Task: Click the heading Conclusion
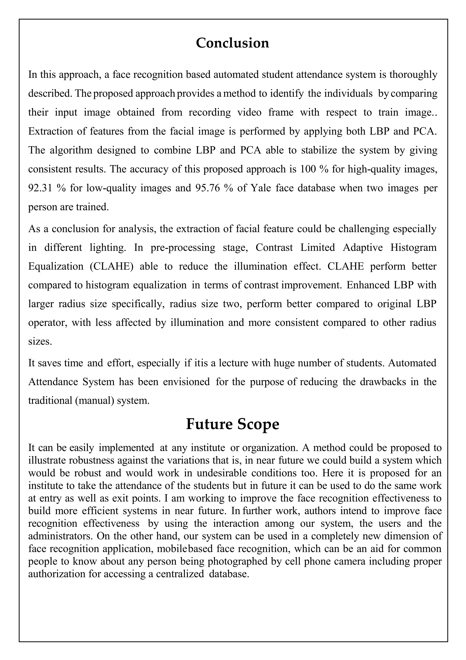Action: [x=233, y=43]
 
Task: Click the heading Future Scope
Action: [x=233, y=424]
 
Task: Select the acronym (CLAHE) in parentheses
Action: [x=112, y=266]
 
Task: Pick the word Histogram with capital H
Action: [x=413, y=247]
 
